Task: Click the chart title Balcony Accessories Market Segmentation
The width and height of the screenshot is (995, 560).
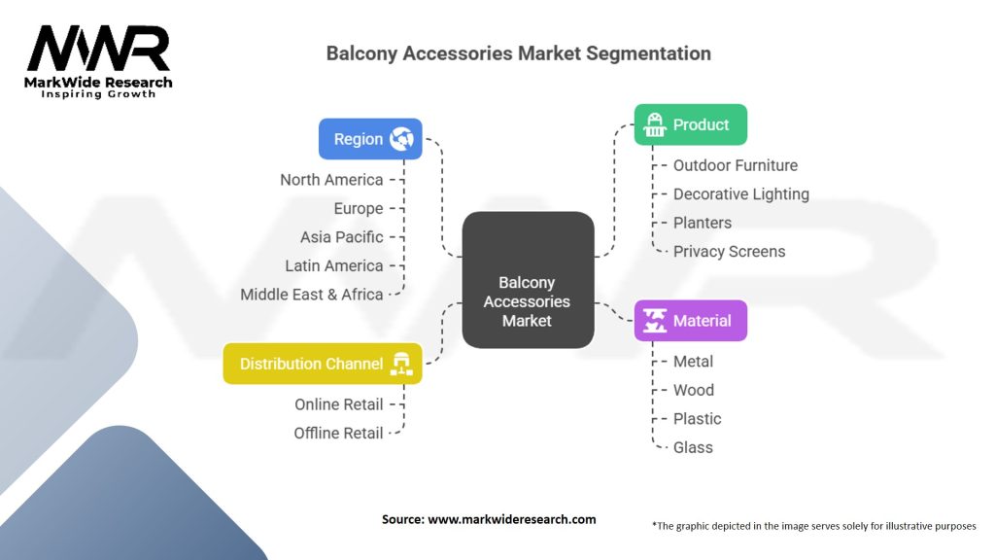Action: pos(518,53)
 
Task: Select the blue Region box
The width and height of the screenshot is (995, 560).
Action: pos(370,139)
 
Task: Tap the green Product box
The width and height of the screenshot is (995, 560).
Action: pos(690,124)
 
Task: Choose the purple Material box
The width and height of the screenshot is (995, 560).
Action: pos(690,321)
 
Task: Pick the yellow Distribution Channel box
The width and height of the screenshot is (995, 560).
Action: pos(323,364)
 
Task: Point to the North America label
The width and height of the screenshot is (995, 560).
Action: pos(331,179)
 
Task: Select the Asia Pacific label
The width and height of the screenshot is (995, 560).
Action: pos(341,236)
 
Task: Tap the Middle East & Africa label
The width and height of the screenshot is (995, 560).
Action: pos(312,294)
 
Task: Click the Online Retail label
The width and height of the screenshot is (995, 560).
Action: pos(339,403)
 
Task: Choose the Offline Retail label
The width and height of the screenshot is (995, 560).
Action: pos(339,433)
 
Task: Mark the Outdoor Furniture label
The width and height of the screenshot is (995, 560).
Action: pos(736,165)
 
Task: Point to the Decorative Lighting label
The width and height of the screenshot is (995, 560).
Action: pos(740,193)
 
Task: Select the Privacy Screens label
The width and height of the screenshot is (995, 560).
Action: pos(729,251)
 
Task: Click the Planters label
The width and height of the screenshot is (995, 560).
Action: pos(703,223)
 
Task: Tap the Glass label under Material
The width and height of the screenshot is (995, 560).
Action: pos(693,447)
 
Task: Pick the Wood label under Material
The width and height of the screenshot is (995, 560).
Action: pos(694,390)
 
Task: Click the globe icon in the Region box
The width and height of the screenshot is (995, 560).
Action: pos(401,139)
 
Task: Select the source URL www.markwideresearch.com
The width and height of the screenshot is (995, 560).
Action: pos(512,519)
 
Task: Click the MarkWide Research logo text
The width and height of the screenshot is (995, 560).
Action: pos(98,83)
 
